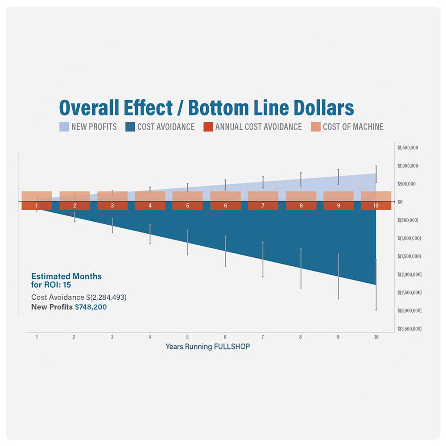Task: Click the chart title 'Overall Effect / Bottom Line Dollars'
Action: [206, 108]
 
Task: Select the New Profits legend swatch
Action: [64, 127]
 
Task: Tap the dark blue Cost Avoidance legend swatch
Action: [130, 127]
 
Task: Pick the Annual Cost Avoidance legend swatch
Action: [208, 127]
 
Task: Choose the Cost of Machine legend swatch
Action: [316, 127]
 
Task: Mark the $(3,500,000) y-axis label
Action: [409, 329]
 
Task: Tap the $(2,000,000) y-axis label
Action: [409, 275]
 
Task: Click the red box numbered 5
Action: [187, 206]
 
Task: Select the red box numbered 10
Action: [376, 206]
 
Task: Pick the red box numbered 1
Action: [37, 206]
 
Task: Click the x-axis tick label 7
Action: [263, 337]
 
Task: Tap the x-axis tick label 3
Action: [112, 337]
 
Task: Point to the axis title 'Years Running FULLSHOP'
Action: [208, 347]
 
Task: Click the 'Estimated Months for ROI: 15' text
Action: [66, 280]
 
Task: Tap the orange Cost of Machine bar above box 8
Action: [301, 196]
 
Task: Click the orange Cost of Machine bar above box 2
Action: [74, 196]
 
